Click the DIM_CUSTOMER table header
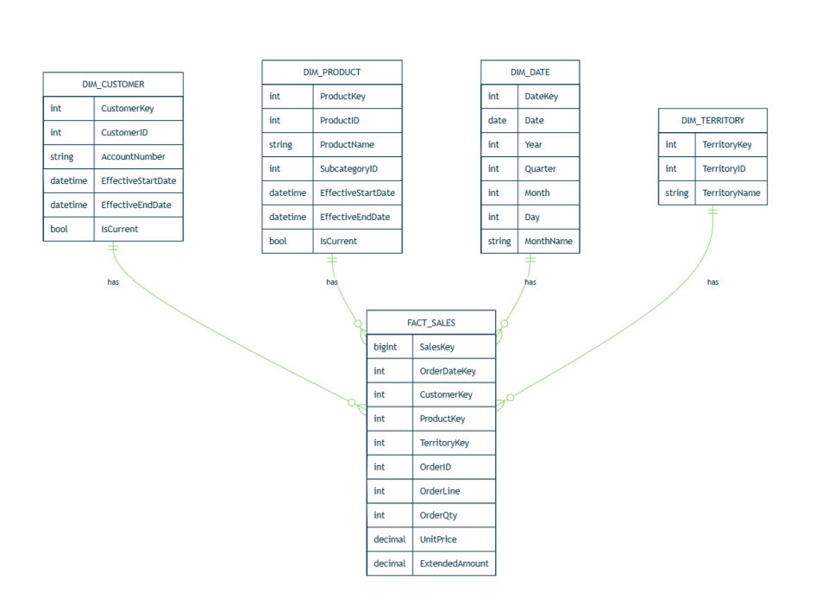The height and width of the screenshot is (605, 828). point(113,85)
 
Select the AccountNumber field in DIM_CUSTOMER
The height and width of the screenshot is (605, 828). point(133,157)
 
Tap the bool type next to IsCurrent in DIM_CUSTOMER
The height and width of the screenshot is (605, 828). point(59,230)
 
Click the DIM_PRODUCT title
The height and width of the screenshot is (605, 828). point(332,72)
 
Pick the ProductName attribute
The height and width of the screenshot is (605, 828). point(347,145)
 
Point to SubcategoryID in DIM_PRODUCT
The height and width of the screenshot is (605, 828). point(348,169)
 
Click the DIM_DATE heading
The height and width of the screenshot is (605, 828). point(530,72)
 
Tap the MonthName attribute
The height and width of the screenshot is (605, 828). point(549,242)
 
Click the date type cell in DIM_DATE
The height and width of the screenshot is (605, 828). point(497,121)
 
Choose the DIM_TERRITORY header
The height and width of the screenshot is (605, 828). point(712,121)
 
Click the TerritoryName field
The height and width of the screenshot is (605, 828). point(731,193)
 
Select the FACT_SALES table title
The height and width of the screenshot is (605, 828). point(431,323)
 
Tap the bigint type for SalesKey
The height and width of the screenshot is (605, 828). point(385,347)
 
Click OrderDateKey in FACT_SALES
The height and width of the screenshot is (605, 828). point(447,371)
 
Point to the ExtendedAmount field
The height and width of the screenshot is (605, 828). point(454,564)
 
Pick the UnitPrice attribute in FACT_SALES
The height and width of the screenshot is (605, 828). point(438,539)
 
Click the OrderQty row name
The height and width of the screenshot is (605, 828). point(438,515)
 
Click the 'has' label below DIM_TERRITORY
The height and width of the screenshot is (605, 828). point(712,282)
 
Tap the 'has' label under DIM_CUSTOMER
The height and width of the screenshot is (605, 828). point(113,282)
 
